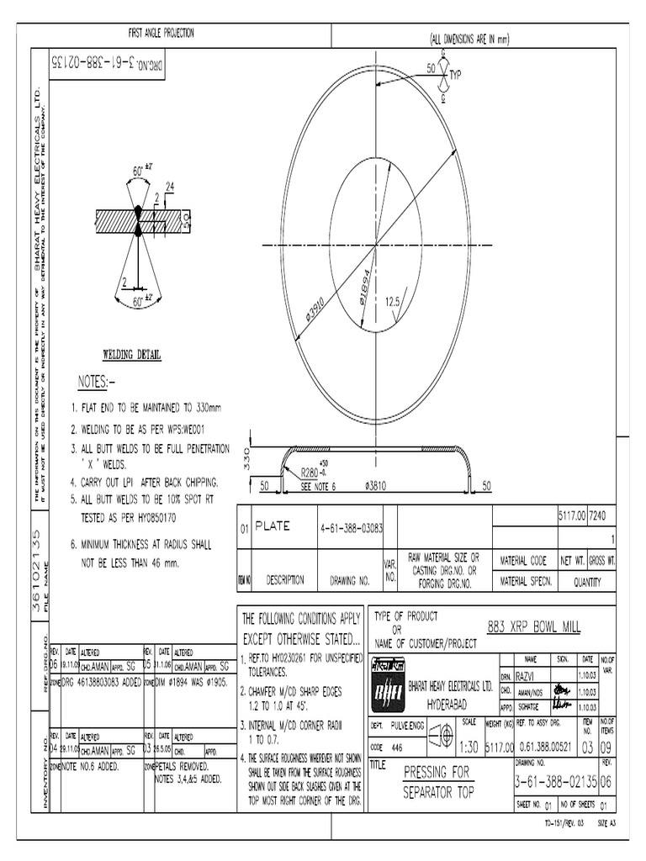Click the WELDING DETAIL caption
tap(132, 355)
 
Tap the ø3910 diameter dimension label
tap(315, 313)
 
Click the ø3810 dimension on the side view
tap(375, 485)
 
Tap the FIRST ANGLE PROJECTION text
tap(161, 33)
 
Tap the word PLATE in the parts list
tap(272, 526)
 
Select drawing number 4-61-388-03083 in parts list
tap(352, 528)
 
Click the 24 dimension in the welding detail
tap(170, 186)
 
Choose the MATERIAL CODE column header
tap(523, 560)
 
